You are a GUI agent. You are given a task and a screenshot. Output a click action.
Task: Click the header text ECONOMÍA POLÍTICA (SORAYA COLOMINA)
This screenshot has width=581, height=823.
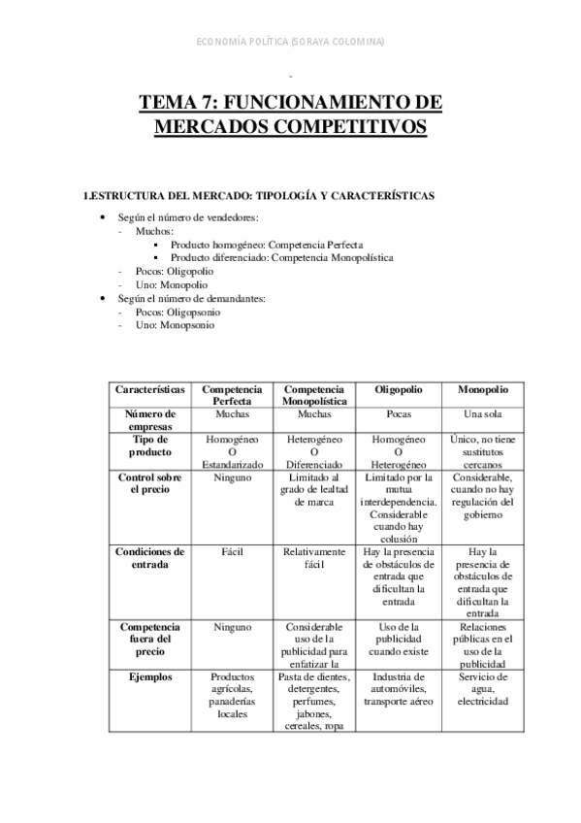290,42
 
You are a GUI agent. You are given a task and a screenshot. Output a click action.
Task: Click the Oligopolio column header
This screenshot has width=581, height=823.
400,388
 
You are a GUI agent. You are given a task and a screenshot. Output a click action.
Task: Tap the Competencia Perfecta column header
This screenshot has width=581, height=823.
230,394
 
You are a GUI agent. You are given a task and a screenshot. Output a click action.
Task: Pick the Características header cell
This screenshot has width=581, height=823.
150,388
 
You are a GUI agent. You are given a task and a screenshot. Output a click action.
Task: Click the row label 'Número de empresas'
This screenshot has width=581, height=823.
150,419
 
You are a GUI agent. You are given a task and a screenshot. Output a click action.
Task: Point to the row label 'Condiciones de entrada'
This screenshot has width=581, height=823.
150,557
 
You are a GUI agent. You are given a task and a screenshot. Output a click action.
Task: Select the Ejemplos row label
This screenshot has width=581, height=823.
150,677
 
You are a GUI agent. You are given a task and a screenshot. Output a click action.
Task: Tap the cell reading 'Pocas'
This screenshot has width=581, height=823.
400,413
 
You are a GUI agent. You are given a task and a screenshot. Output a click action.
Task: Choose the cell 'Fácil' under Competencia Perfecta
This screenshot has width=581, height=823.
230,551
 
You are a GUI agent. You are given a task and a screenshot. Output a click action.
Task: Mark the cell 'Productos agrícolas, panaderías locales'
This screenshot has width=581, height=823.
230,695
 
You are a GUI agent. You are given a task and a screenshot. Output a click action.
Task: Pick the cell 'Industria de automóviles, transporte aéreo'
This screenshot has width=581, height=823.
400,688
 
